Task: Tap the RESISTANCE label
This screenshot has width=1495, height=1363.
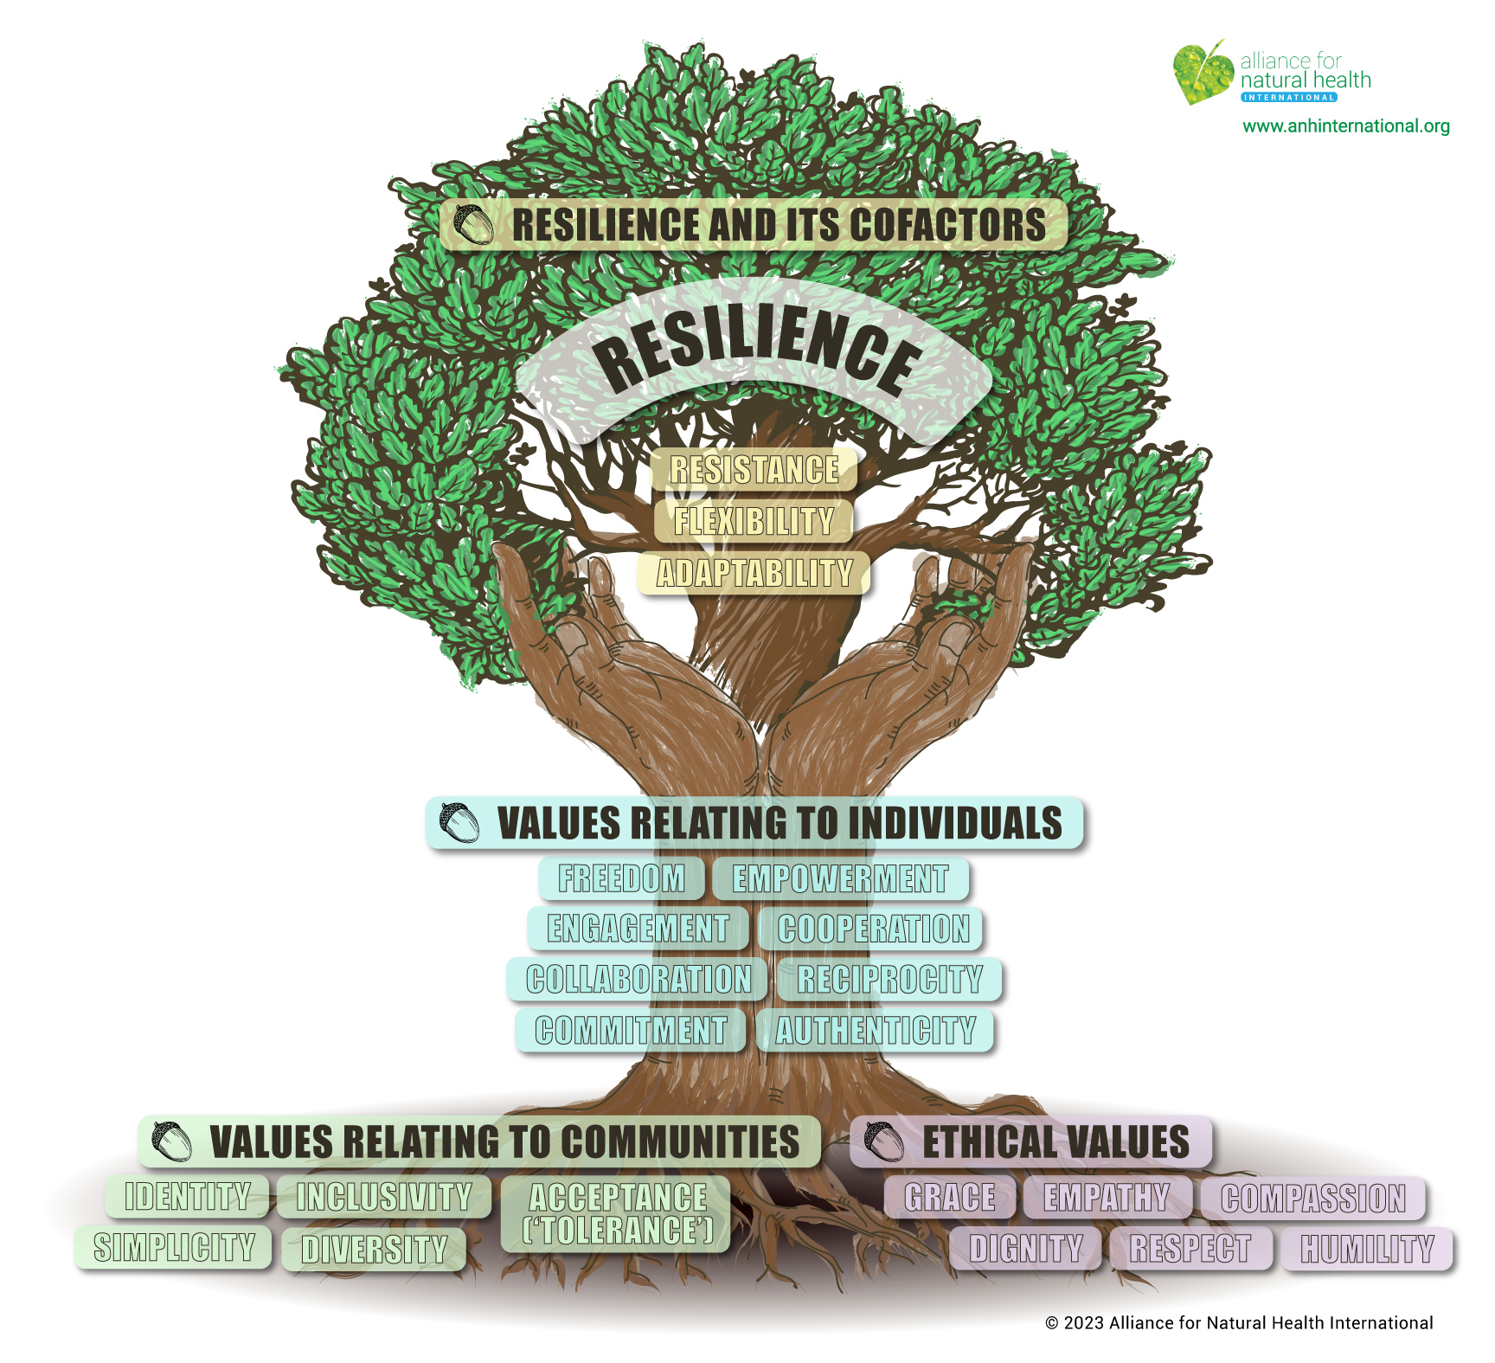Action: pos(754,470)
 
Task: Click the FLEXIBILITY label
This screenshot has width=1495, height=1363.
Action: pos(754,521)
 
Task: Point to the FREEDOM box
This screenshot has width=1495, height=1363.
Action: pos(621,878)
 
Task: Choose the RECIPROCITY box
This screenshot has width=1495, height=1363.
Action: pos(889,980)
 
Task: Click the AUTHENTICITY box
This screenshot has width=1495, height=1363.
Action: pos(875,1031)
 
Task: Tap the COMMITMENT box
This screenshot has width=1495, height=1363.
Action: pos(631,1031)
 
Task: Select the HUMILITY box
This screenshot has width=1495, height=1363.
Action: pos(1367,1249)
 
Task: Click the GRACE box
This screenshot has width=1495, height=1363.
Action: pos(950,1198)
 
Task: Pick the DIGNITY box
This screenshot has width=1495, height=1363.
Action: pos(1025,1249)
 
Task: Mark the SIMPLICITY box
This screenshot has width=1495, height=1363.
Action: pos(174,1248)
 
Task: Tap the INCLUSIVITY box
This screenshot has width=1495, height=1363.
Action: pos(384,1197)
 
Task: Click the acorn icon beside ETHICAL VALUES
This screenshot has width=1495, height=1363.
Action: pos(883,1141)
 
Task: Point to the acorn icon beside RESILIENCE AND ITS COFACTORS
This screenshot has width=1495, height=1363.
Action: pos(473,225)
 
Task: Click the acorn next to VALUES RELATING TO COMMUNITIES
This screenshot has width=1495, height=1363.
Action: pos(171,1141)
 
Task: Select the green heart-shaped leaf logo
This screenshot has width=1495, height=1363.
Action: pos(1202,72)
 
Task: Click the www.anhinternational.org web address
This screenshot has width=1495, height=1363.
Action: pos(1346,126)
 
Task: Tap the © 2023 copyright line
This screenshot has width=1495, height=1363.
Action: pos(1239,1323)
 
